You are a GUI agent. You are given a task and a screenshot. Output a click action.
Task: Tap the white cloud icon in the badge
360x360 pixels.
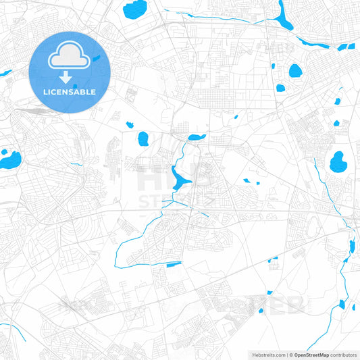point(70,57)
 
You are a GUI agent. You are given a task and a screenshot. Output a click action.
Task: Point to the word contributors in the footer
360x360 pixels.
point(344,354)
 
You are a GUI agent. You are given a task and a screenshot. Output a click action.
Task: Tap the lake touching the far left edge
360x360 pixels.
point(9,160)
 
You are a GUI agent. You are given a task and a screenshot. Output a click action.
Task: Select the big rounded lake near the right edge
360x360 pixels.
point(337,161)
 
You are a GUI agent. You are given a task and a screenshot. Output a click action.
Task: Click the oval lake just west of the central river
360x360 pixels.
point(143,139)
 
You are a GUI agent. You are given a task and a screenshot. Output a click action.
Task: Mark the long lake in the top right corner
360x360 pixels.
point(283,15)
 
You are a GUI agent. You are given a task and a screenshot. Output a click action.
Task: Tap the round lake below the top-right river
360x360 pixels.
point(295,70)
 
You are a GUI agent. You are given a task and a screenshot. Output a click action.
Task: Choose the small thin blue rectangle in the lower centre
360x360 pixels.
point(174,263)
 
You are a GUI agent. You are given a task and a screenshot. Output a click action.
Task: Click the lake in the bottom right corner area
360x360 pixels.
point(341,305)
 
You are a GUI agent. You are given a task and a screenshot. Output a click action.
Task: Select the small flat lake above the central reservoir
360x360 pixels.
point(196,138)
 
